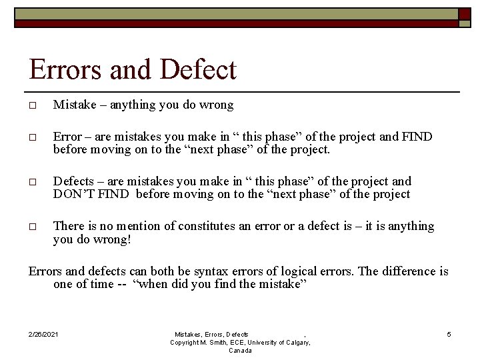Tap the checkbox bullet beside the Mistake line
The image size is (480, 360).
(33, 106)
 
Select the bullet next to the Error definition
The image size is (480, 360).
(33, 138)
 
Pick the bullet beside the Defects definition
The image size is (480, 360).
(33, 183)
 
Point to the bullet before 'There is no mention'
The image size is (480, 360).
(33, 227)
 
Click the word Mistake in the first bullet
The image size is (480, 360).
(73, 105)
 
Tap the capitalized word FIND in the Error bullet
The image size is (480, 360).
(417, 137)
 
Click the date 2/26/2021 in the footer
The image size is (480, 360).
(44, 334)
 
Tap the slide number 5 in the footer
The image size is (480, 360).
(449, 334)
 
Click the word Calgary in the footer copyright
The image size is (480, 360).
(295, 342)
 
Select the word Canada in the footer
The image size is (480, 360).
(240, 351)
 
